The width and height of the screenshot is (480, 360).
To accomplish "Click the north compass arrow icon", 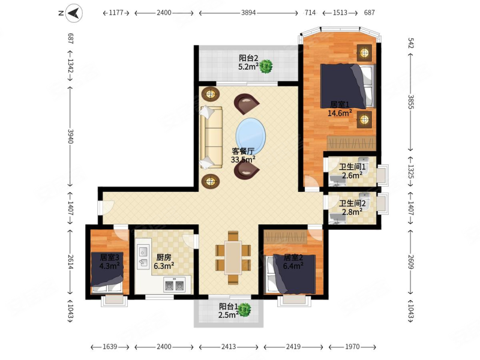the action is click(x=74, y=13).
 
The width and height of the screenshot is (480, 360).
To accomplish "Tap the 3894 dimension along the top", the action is click(x=248, y=13).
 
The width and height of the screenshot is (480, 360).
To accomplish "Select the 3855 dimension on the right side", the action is click(x=411, y=102).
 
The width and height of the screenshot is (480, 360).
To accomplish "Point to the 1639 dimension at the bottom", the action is click(x=110, y=347).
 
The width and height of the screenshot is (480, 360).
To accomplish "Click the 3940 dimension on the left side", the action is click(x=70, y=137).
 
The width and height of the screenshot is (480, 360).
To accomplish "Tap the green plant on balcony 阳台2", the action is click(x=266, y=67).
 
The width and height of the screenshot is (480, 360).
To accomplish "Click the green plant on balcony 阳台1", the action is click(x=245, y=310).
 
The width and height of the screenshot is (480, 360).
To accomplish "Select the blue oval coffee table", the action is click(x=250, y=137).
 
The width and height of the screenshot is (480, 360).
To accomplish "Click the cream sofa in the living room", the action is click(x=211, y=137).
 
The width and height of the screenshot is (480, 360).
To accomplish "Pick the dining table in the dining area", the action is click(x=233, y=258).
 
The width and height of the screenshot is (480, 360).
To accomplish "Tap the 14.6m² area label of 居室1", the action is click(x=340, y=113).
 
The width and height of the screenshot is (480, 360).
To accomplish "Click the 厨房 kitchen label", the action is click(x=164, y=257).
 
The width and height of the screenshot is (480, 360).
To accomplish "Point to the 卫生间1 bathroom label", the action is click(x=352, y=167).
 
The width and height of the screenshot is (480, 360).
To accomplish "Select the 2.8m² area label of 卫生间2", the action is click(x=352, y=212).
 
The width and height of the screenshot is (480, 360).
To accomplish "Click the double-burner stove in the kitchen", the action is click(x=175, y=284).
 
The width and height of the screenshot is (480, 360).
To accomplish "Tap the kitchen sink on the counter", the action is click(x=143, y=257).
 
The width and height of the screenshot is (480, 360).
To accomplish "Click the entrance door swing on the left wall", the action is click(x=106, y=207).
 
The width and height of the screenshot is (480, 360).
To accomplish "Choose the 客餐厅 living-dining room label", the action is click(x=244, y=151).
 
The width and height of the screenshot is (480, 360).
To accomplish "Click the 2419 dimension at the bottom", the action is click(x=293, y=347).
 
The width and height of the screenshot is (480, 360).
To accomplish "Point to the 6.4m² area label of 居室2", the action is click(x=293, y=266).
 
